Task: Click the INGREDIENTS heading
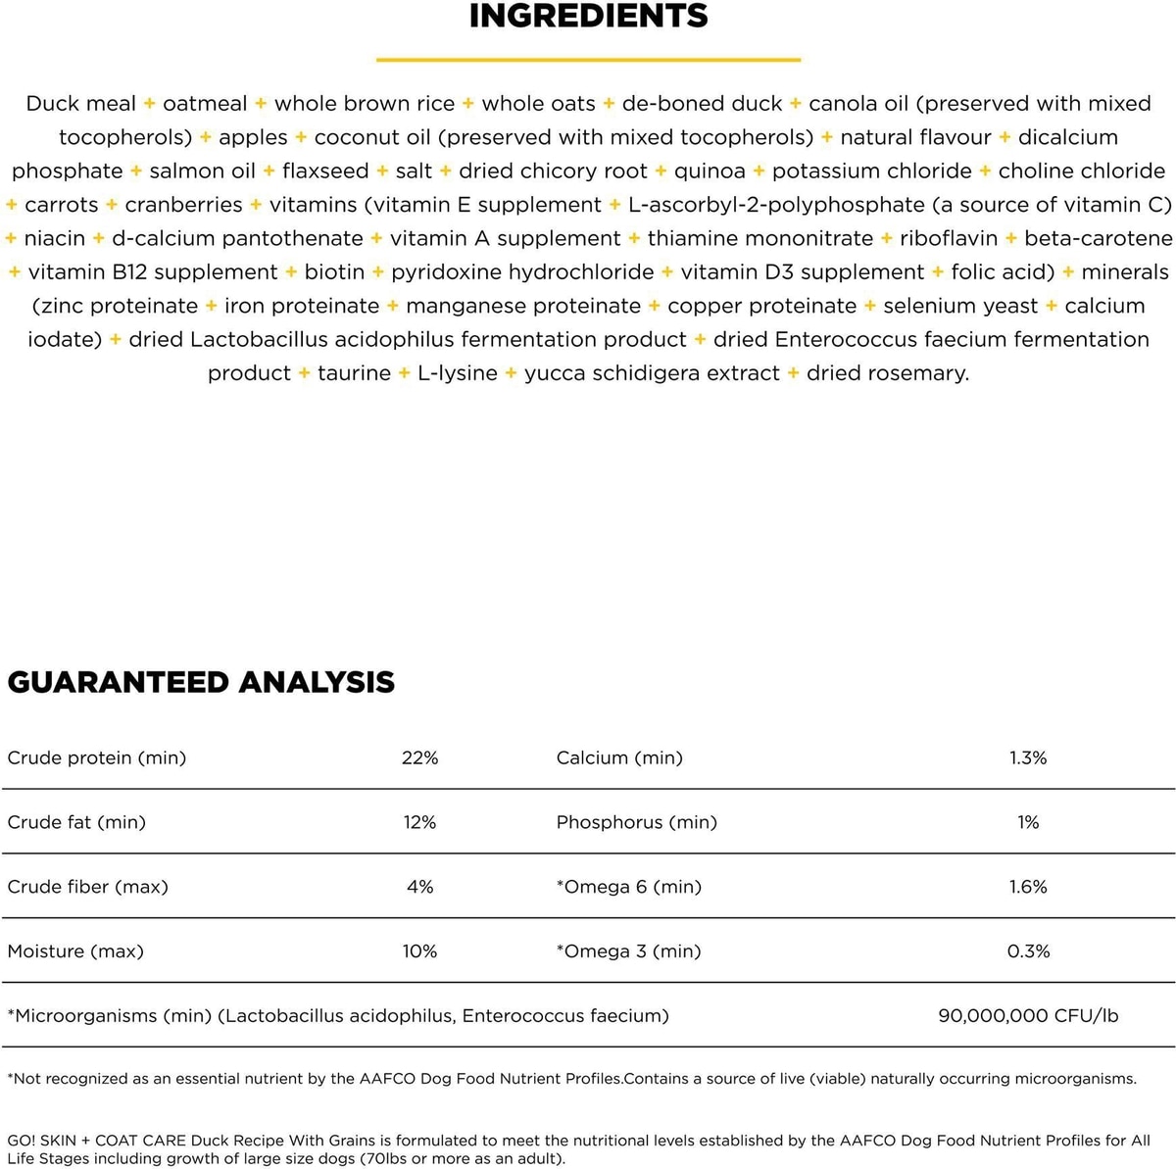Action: click(x=588, y=17)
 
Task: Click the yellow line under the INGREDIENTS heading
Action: click(x=588, y=60)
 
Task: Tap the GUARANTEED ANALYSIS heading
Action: click(x=201, y=682)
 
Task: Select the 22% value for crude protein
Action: click(x=419, y=757)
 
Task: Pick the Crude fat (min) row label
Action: click(x=76, y=822)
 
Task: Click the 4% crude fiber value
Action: click(x=419, y=887)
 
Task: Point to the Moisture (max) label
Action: click(x=75, y=951)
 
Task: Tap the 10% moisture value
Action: click(x=419, y=951)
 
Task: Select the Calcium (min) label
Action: click(x=619, y=757)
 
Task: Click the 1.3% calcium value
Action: click(x=1028, y=757)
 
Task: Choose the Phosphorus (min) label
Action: click(x=636, y=822)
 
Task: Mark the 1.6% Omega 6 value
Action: click(x=1028, y=887)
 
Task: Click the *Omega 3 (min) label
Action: click(x=628, y=951)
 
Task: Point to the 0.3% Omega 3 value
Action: click(x=1028, y=951)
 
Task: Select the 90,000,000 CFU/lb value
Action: click(x=1028, y=1016)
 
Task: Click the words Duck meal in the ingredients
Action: click(x=80, y=104)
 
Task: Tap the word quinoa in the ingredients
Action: click(x=710, y=171)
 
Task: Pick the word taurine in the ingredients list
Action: click(x=354, y=373)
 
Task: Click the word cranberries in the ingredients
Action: click(x=183, y=205)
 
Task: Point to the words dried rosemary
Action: click(x=887, y=373)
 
